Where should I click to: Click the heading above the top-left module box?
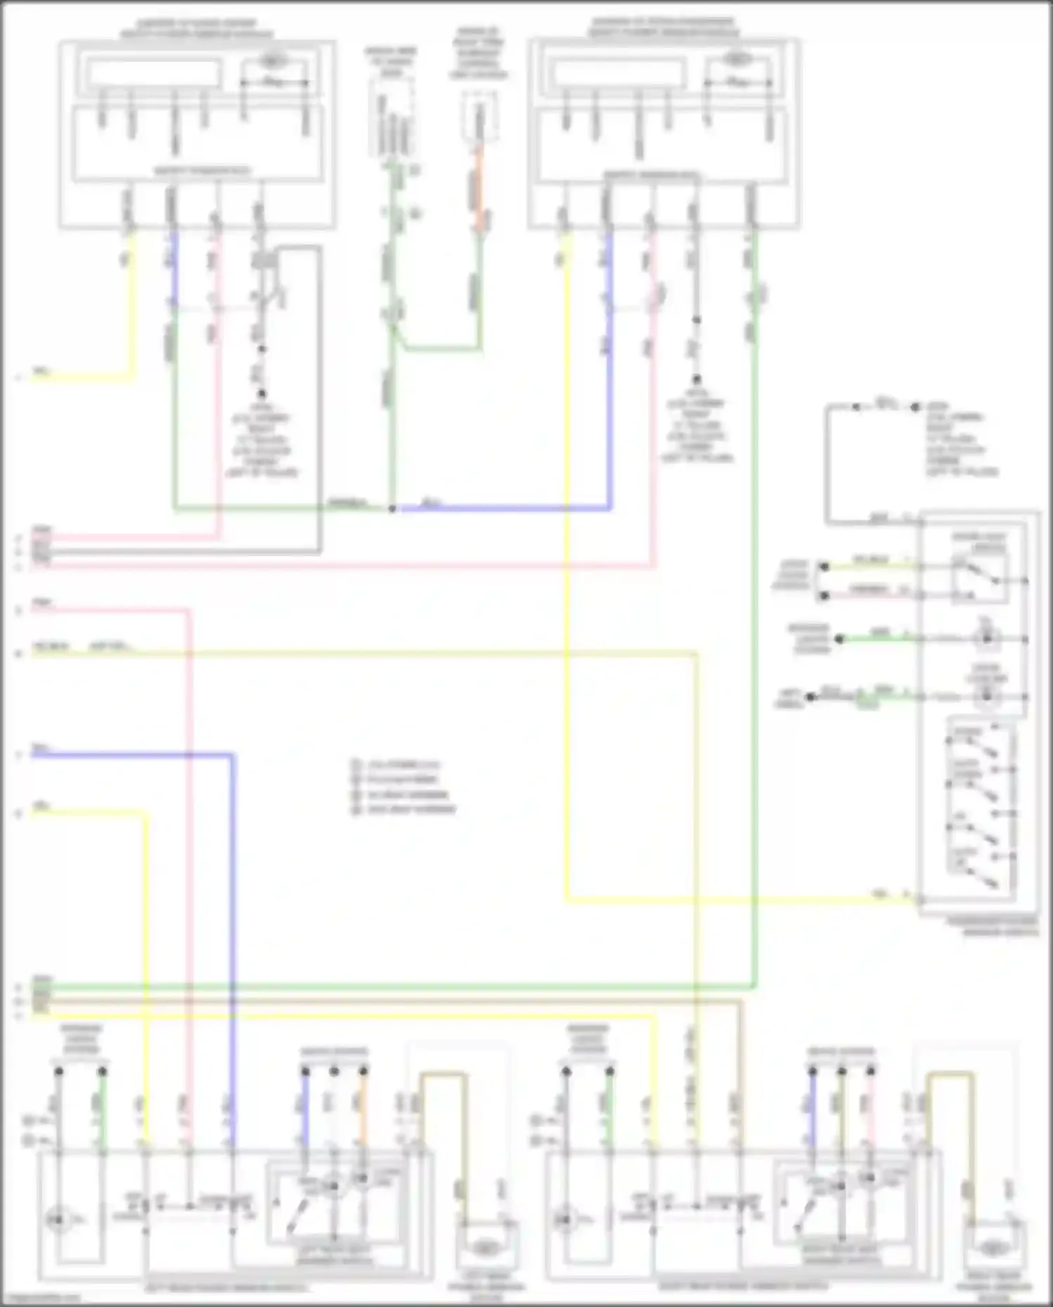tap(197, 28)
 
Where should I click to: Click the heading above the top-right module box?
tap(663, 27)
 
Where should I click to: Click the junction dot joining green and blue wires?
tap(392, 508)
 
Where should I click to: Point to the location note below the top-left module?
tap(261, 439)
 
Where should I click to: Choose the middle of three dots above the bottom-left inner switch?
tap(334, 1071)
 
